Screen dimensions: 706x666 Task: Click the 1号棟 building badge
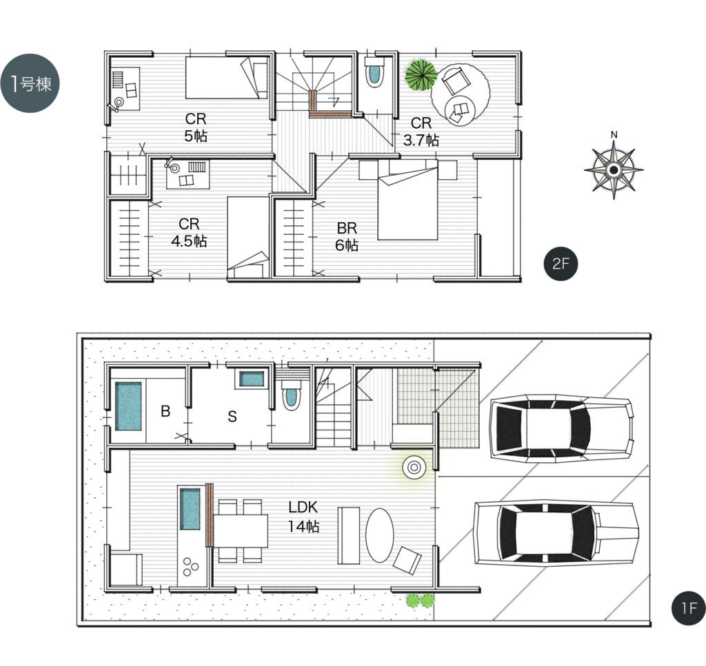tap(30, 83)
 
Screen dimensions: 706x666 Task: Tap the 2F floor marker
tap(561, 264)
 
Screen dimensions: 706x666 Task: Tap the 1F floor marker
tap(689, 608)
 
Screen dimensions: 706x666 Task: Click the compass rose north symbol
tap(613, 169)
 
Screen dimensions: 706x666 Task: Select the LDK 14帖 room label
tap(303, 517)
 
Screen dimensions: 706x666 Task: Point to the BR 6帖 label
tap(347, 236)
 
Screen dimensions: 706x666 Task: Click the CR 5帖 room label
tap(195, 127)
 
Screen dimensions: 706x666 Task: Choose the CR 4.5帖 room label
tap(189, 233)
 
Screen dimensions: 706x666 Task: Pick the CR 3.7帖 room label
tap(421, 132)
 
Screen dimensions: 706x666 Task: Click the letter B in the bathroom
tap(165, 411)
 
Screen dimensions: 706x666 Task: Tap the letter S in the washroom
tap(232, 417)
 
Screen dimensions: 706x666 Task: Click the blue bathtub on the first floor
tap(128, 406)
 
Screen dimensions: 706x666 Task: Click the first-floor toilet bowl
tap(292, 396)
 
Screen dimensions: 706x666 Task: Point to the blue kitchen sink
tap(190, 509)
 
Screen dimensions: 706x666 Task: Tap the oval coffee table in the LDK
tap(380, 535)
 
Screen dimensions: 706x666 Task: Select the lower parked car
tap(556, 533)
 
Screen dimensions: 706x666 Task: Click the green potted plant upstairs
tap(421, 75)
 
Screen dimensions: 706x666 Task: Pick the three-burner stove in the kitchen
tap(190, 567)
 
